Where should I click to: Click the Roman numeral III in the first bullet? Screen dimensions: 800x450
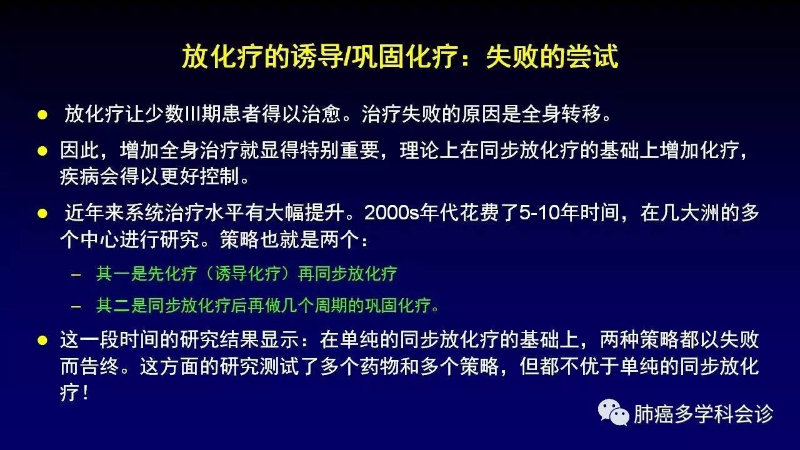[x=193, y=114]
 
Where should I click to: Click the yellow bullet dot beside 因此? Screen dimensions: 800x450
[x=42, y=151]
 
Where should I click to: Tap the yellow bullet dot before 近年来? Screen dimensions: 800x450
[x=42, y=214]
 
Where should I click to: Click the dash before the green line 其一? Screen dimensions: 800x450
[x=76, y=274]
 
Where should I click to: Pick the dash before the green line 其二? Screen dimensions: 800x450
[x=76, y=306]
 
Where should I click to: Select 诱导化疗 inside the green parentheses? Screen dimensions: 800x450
[x=247, y=274]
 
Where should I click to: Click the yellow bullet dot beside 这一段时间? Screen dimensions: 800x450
[x=42, y=340]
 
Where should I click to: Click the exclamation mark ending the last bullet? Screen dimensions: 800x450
[x=85, y=393]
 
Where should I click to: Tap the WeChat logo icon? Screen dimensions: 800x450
[x=614, y=412]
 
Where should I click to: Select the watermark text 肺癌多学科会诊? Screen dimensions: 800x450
[x=704, y=414]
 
